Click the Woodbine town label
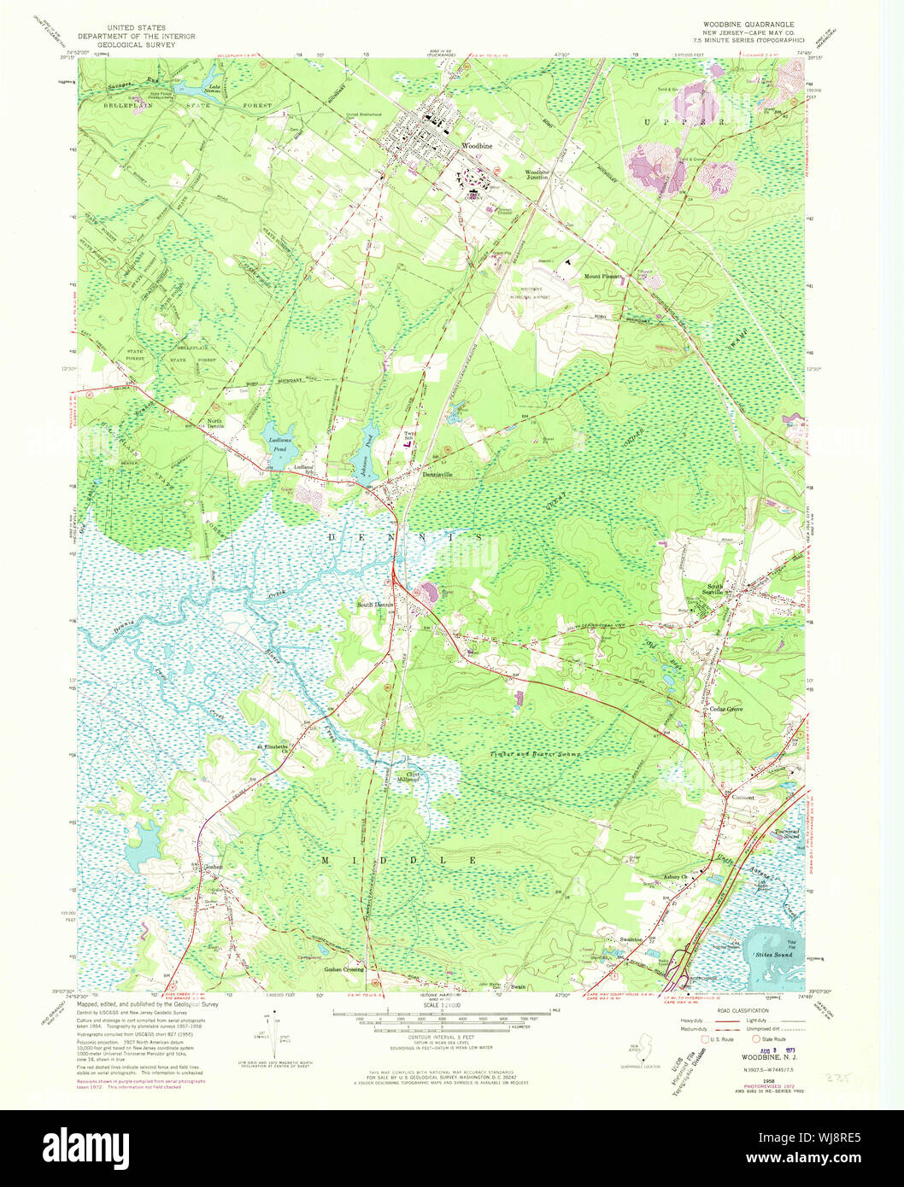click(477, 146)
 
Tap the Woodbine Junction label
click(536, 175)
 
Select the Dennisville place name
click(442, 475)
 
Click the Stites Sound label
click(772, 953)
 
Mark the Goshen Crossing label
click(343, 970)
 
